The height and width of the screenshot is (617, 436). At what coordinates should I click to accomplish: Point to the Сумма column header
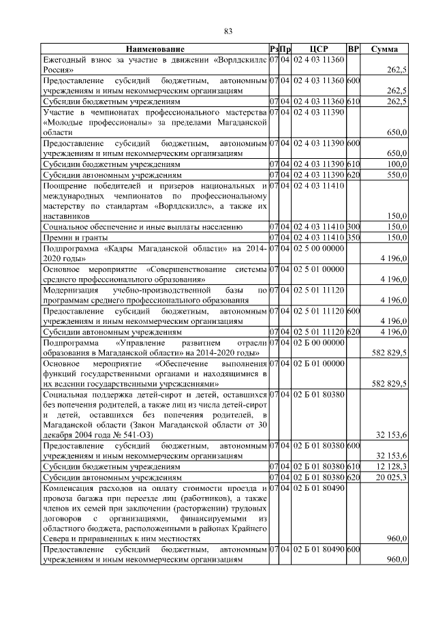click(384, 49)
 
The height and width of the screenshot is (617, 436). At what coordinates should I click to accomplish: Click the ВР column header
click(353, 49)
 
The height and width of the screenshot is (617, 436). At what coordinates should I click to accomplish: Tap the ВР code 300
click(353, 225)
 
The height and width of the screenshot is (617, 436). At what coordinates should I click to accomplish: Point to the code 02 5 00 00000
click(318, 247)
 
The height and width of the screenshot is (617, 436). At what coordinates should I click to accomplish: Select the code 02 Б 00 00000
click(318, 340)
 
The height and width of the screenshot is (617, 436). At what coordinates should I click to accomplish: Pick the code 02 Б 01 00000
click(318, 363)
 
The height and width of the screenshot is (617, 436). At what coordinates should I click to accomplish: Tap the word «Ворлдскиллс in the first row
click(240, 59)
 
